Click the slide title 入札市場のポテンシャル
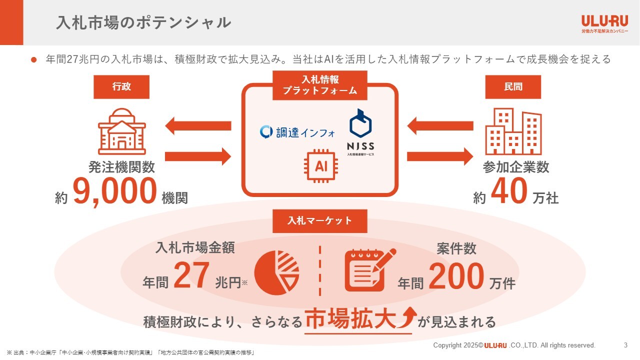(143, 22)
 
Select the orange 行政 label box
(121, 87)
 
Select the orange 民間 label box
(513, 87)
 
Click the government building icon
(122, 131)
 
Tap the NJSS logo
(360, 132)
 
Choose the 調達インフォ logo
(297, 132)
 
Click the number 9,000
(115, 192)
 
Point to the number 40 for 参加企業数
(509, 192)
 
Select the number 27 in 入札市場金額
(190, 276)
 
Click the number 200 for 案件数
(456, 276)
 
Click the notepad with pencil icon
(369, 270)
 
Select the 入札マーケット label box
(320, 221)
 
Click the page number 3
(625, 345)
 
